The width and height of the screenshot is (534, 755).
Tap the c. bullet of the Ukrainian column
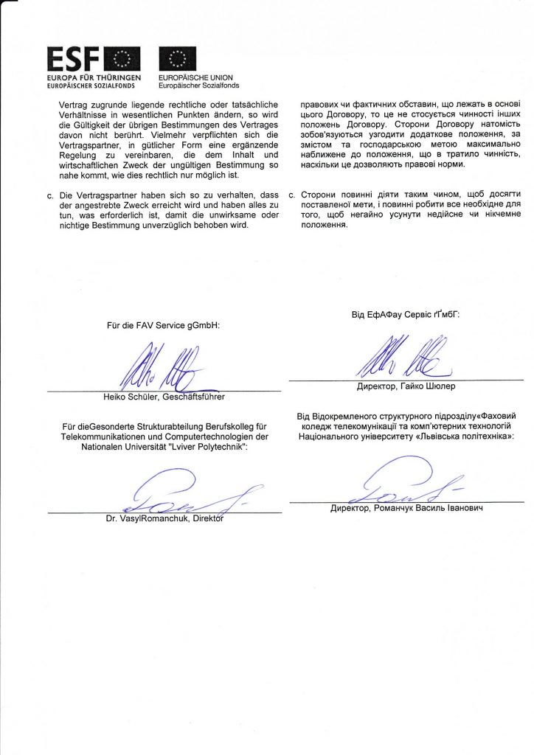[x=293, y=194]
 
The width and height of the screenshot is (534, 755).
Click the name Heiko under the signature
[x=117, y=397]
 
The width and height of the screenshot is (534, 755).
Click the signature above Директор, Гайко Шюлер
[x=398, y=358]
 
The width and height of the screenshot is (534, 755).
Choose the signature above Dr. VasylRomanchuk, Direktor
[x=184, y=490]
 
